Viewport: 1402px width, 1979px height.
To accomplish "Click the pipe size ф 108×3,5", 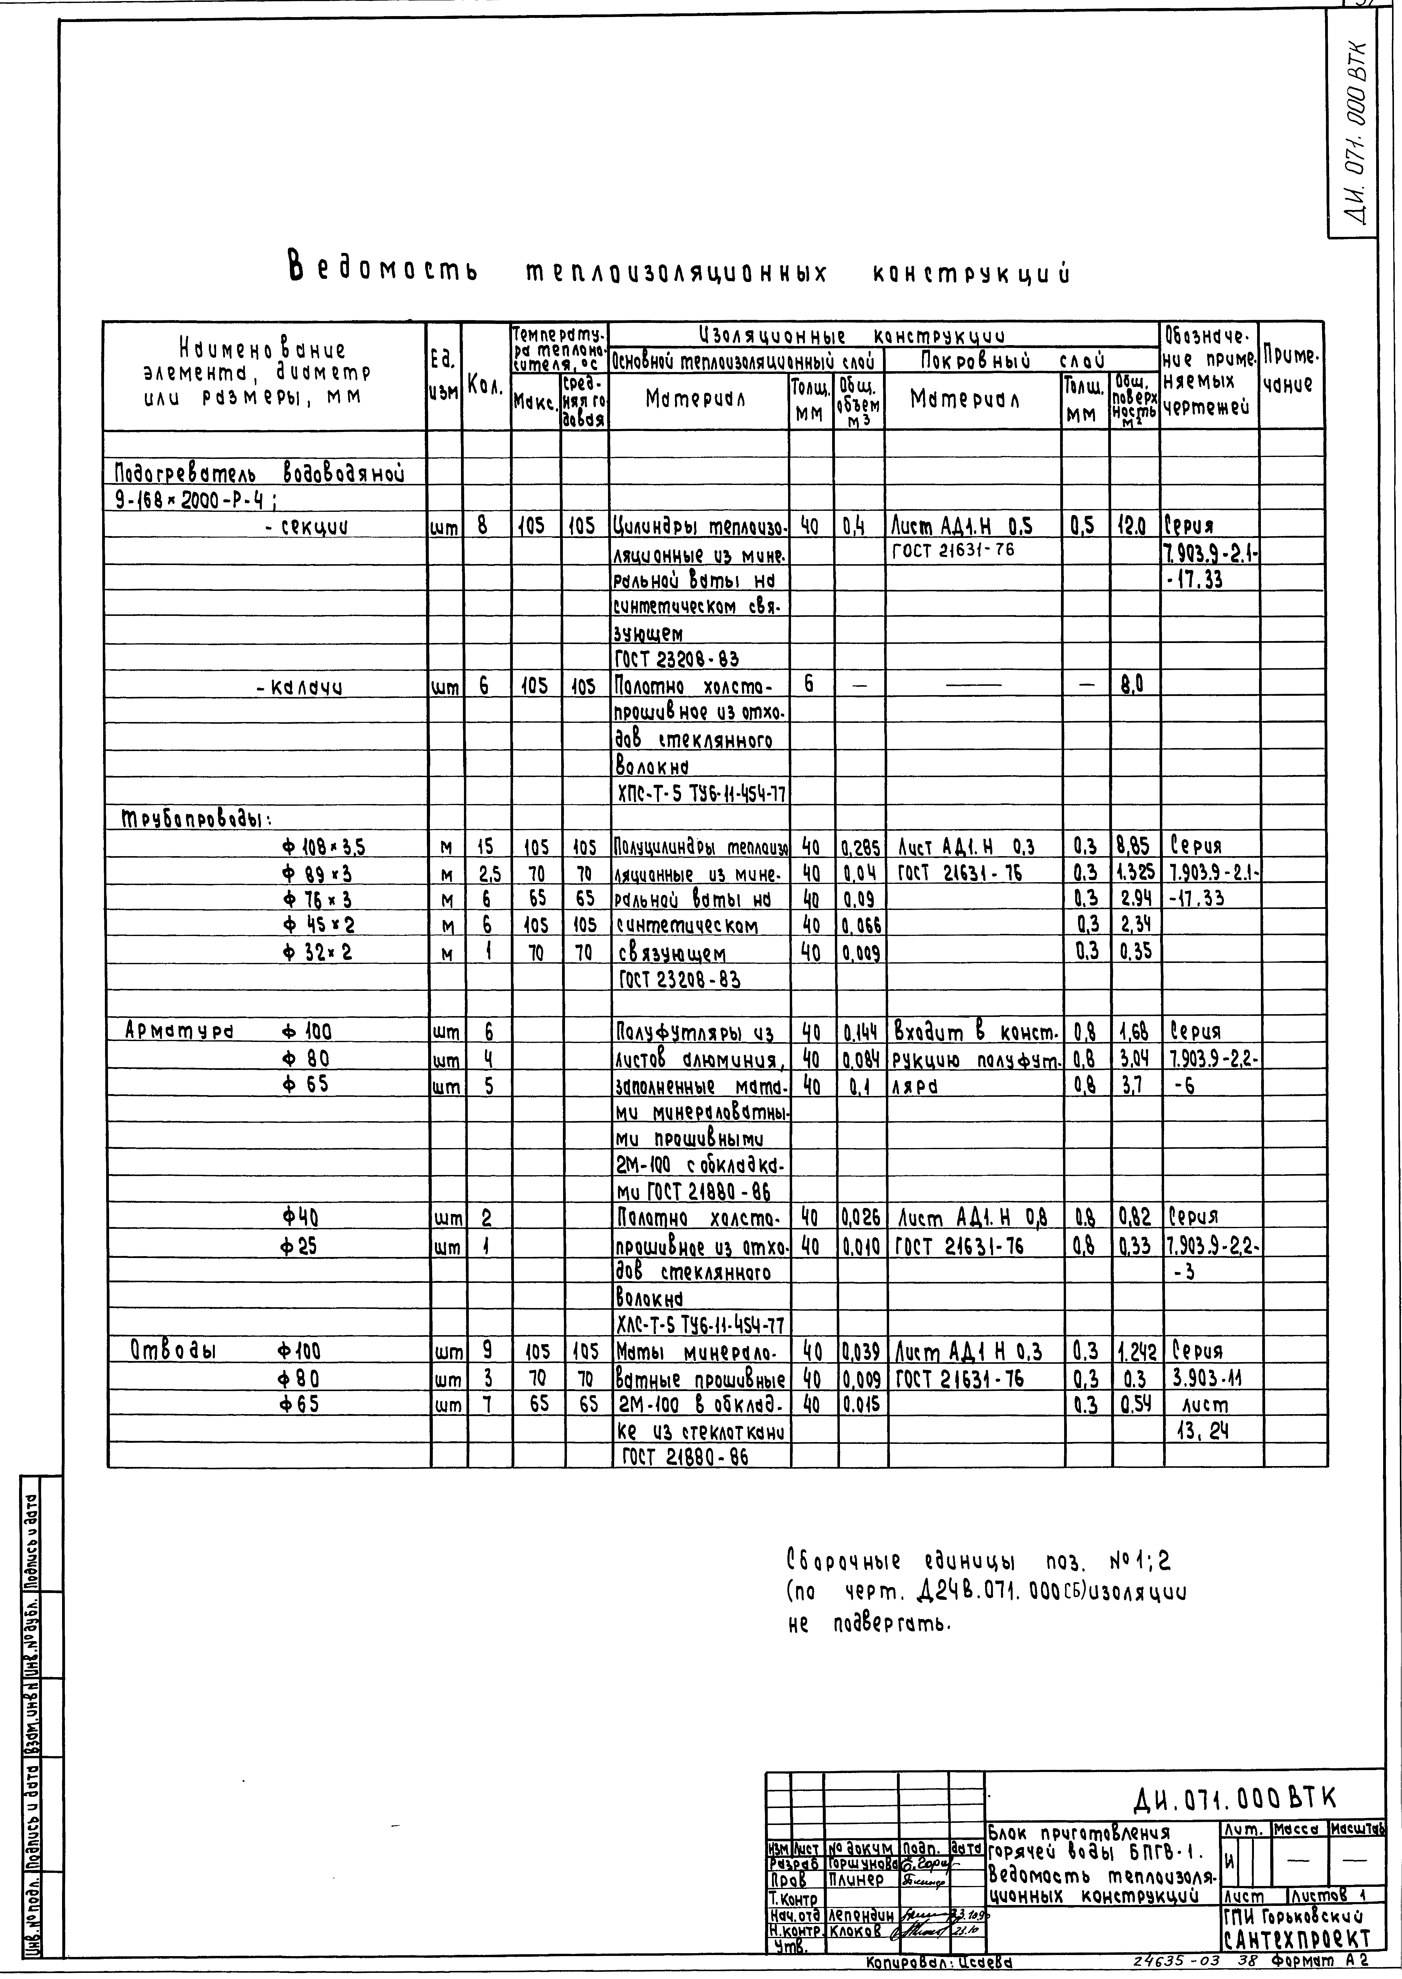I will coord(316,846).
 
